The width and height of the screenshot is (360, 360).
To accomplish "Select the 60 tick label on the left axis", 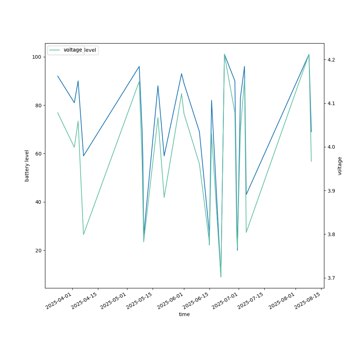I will click(x=38, y=154).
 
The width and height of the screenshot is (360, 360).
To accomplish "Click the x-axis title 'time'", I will click(x=184, y=314).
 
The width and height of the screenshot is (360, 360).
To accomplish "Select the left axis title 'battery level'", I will click(x=27, y=166).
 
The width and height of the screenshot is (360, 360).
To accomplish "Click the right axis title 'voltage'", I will click(x=340, y=166).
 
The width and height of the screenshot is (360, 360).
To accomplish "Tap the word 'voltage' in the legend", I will click(x=73, y=50).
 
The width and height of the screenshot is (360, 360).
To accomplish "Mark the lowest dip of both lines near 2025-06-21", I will click(x=221, y=276).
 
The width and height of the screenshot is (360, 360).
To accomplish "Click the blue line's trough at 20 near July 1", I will click(x=237, y=250).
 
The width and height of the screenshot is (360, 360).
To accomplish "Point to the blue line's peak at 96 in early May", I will click(x=139, y=66).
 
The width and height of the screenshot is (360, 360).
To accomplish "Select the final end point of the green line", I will click(x=311, y=161).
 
